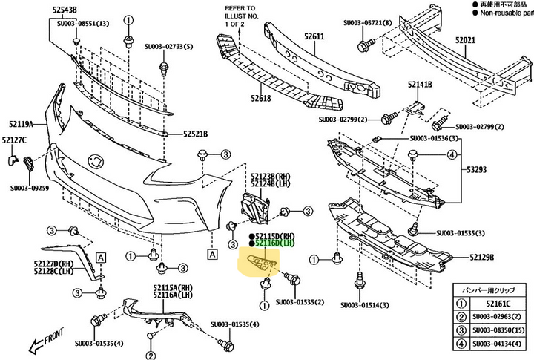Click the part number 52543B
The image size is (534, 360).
click(x=64, y=9)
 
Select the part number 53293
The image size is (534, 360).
click(x=476, y=169)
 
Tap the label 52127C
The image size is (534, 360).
click(x=14, y=140)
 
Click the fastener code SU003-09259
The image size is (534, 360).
click(x=29, y=188)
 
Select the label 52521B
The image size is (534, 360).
click(x=196, y=134)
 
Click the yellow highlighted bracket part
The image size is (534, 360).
click(x=260, y=263)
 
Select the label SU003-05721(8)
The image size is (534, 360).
click(x=368, y=23)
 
